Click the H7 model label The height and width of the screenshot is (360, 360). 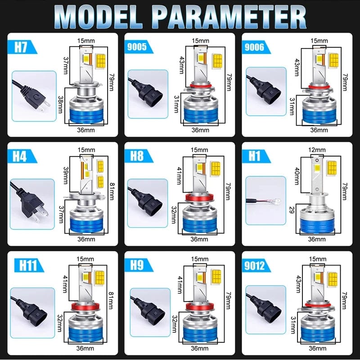tap(21, 47)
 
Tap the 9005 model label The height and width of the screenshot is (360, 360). tap(137, 47)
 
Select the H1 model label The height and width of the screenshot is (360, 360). tap(254, 156)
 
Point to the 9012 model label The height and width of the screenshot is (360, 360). tap(254, 265)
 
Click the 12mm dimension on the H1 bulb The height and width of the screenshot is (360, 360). tap(317, 150)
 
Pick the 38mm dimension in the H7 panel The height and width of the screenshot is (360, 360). tap(60, 104)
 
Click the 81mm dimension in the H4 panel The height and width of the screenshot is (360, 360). tap(112, 191)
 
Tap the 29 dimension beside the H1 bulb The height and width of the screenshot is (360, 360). tap(292, 210)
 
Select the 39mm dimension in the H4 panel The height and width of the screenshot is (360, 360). tap(66, 175)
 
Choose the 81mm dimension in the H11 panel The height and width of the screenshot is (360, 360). tap(111, 300)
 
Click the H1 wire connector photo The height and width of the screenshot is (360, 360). tap(266, 201)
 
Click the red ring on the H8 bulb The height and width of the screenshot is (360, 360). tap(199, 197)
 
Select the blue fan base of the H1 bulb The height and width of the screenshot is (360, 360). tap(317, 225)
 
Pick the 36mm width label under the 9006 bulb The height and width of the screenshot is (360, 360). tap(319, 130)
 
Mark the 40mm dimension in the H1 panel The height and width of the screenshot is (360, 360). tap(297, 176)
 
